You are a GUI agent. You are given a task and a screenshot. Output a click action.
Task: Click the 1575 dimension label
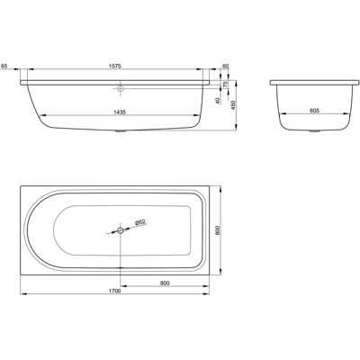(115, 67)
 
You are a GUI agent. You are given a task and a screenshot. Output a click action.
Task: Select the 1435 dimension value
(120, 112)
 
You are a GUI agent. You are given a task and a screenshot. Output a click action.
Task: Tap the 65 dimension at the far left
(4, 67)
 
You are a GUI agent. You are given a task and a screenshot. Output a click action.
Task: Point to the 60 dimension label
(226, 67)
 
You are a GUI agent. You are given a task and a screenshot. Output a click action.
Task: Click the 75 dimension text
(226, 85)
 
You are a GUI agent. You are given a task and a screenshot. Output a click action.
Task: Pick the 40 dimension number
(218, 101)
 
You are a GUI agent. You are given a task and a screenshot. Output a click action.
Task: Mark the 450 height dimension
(233, 105)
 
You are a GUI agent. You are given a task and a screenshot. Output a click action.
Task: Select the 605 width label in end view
(313, 111)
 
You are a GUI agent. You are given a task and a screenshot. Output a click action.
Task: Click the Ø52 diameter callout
(140, 222)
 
